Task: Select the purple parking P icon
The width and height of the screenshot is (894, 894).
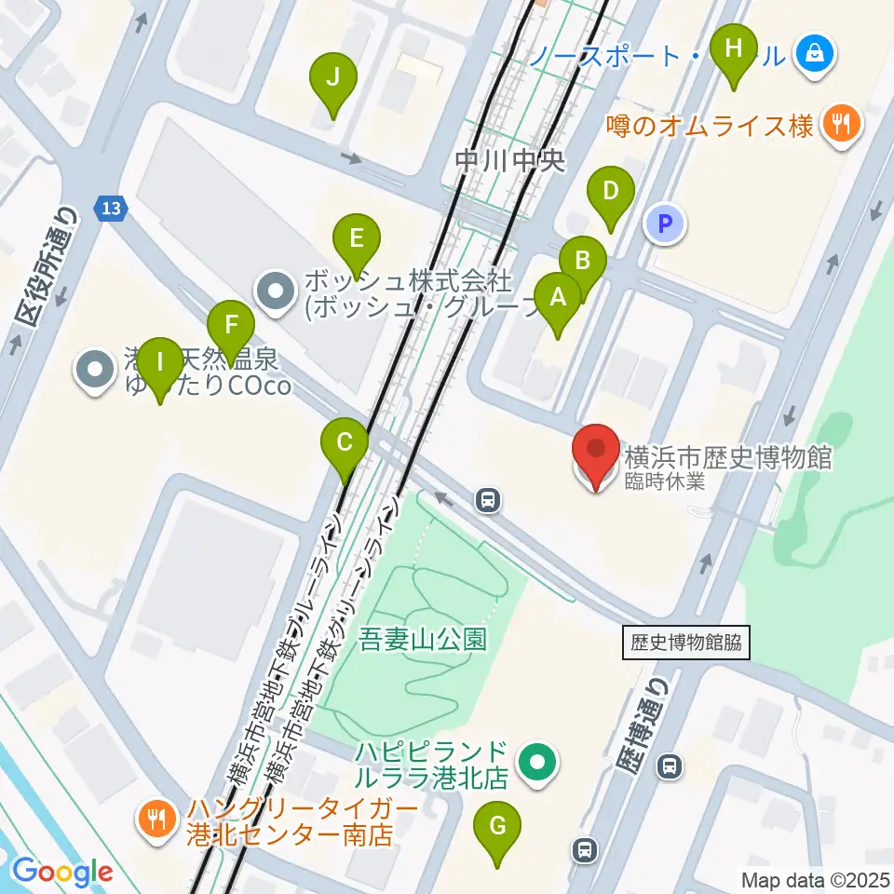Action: (x=665, y=223)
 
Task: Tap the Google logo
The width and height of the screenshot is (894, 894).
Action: (x=62, y=872)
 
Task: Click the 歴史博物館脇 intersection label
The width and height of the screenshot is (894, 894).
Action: (x=686, y=643)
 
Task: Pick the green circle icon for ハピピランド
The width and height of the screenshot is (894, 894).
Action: (x=537, y=763)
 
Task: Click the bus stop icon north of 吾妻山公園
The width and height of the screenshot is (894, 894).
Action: (x=487, y=501)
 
